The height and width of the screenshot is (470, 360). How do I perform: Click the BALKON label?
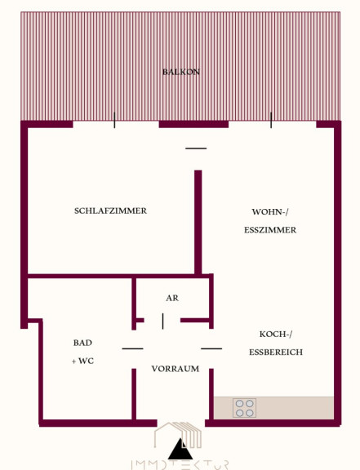[181, 72]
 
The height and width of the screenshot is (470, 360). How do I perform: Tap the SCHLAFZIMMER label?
[110, 211]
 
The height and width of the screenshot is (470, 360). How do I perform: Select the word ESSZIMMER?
[270, 230]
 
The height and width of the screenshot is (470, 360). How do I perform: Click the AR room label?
[172, 298]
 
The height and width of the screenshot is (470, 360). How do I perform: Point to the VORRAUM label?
[176, 369]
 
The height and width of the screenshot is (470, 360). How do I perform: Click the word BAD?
[82, 343]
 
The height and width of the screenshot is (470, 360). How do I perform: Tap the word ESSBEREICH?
[276, 352]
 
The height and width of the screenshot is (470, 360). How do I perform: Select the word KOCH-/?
[276, 334]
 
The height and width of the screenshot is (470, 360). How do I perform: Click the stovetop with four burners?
[245, 408]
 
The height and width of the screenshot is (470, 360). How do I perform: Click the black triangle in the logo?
[180, 450]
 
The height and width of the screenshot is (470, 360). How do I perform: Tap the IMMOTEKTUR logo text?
[180, 465]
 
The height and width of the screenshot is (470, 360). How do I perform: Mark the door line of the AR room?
[163, 321]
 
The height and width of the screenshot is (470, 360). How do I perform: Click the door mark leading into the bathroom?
[132, 348]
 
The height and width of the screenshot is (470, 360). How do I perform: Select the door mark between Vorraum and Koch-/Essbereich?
[211, 348]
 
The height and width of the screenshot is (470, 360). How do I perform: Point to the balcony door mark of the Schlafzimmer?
[114, 120]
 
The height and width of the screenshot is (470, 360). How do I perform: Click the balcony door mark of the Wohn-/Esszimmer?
[271, 120]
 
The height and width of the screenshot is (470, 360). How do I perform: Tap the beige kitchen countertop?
[273, 408]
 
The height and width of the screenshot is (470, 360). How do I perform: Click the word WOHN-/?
[270, 212]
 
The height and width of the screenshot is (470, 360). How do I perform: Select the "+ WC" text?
[82, 361]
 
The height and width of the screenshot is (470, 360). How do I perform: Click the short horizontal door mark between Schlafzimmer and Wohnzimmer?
[196, 149]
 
